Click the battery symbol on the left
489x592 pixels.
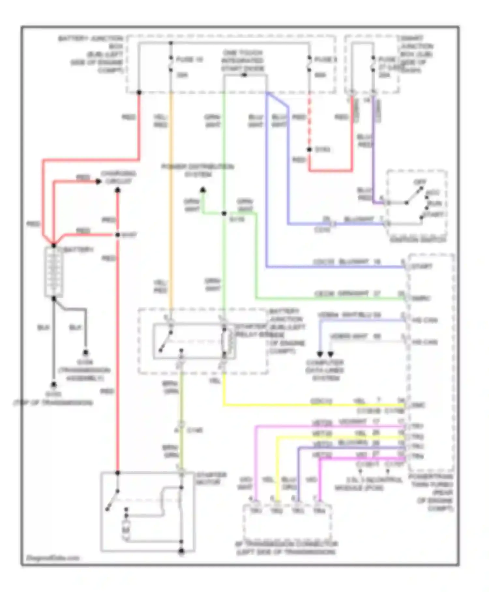click(x=54, y=272)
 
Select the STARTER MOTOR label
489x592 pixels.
click(x=211, y=478)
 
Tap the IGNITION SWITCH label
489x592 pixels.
click(x=418, y=240)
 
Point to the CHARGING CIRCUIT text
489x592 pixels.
click(x=118, y=177)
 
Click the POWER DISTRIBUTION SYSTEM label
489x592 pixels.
click(x=198, y=170)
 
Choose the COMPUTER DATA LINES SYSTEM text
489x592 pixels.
click(x=325, y=370)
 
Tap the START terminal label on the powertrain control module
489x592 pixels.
click(x=422, y=267)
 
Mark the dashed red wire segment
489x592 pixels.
click(x=309, y=121)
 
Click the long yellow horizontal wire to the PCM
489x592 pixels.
click(x=313, y=405)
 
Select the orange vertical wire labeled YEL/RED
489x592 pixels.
click(x=171, y=202)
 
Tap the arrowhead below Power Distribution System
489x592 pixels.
click(x=203, y=190)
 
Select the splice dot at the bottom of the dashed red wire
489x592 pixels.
click(x=309, y=149)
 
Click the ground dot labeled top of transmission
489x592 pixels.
click(x=53, y=385)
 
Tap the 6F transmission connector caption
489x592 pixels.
click(x=286, y=548)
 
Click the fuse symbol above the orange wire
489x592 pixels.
click(x=171, y=64)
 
